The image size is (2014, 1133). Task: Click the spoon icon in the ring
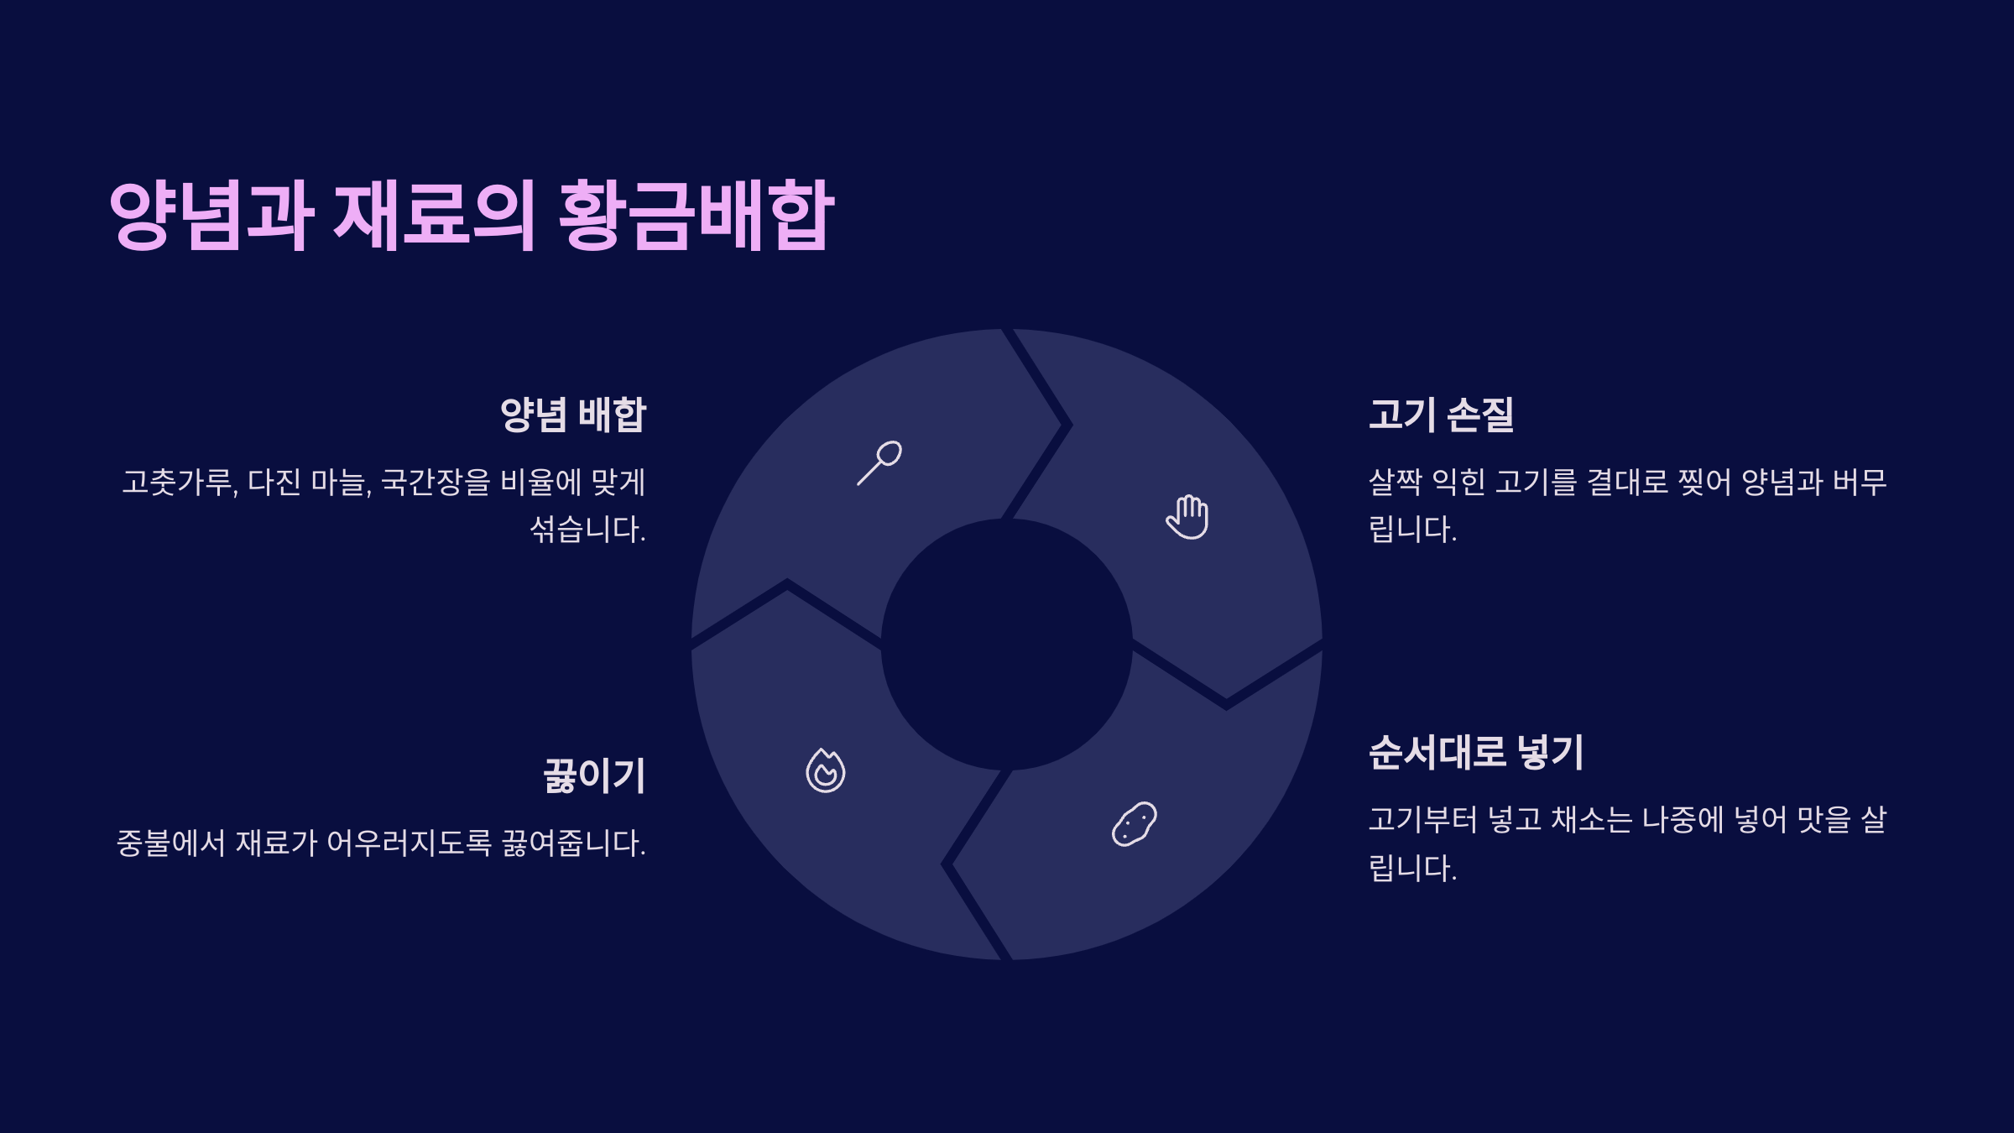[x=879, y=462]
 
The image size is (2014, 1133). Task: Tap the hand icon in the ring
[x=1187, y=516]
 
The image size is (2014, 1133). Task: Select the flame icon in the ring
[x=826, y=770]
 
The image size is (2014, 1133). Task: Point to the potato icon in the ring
[x=1135, y=823]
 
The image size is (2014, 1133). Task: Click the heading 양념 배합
[x=573, y=415]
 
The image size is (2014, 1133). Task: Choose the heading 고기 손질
[x=1441, y=415]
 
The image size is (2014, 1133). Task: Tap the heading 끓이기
[x=594, y=775]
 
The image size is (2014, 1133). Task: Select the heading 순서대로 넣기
[x=1476, y=752]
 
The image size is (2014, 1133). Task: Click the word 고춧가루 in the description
[x=179, y=483]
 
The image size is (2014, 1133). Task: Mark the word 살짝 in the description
[x=1395, y=483]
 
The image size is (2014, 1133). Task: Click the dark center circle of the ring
[x=1007, y=645]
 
